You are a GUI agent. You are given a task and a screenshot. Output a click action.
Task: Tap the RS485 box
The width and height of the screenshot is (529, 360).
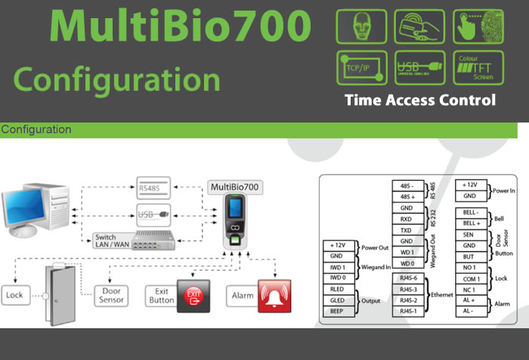[x=153, y=187]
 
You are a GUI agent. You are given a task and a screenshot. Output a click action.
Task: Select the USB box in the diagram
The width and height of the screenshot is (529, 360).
[x=153, y=214]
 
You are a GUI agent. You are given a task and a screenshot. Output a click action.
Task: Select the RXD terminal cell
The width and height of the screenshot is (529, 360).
[x=407, y=219]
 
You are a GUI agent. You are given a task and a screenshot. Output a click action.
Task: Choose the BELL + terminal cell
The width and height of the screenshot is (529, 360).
[x=471, y=224]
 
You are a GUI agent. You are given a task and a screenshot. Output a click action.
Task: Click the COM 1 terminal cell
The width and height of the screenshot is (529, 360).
[x=471, y=279]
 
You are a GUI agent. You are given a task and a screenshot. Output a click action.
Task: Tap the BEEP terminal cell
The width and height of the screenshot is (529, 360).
[x=338, y=310]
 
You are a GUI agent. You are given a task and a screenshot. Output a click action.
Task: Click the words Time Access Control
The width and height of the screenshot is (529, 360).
[x=420, y=100]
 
